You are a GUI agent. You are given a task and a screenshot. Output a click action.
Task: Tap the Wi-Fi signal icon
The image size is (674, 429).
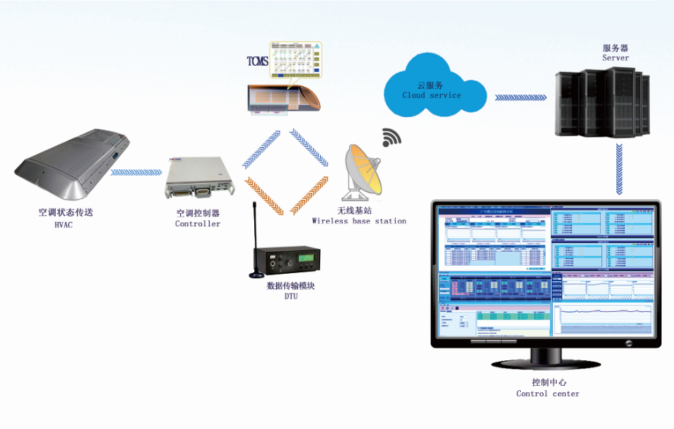391,137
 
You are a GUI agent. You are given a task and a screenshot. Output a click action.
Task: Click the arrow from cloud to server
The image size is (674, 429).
522,97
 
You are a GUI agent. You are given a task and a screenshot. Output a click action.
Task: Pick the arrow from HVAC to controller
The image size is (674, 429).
138,172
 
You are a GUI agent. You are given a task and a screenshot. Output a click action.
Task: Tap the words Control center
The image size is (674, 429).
547,394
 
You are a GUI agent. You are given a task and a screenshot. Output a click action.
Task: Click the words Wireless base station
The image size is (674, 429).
359,221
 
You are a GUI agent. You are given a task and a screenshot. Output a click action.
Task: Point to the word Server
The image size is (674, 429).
615,58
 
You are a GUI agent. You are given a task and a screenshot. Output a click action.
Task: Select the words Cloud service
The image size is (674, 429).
432,95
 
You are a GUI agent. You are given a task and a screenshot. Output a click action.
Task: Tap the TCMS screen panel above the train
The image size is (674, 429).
297,61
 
